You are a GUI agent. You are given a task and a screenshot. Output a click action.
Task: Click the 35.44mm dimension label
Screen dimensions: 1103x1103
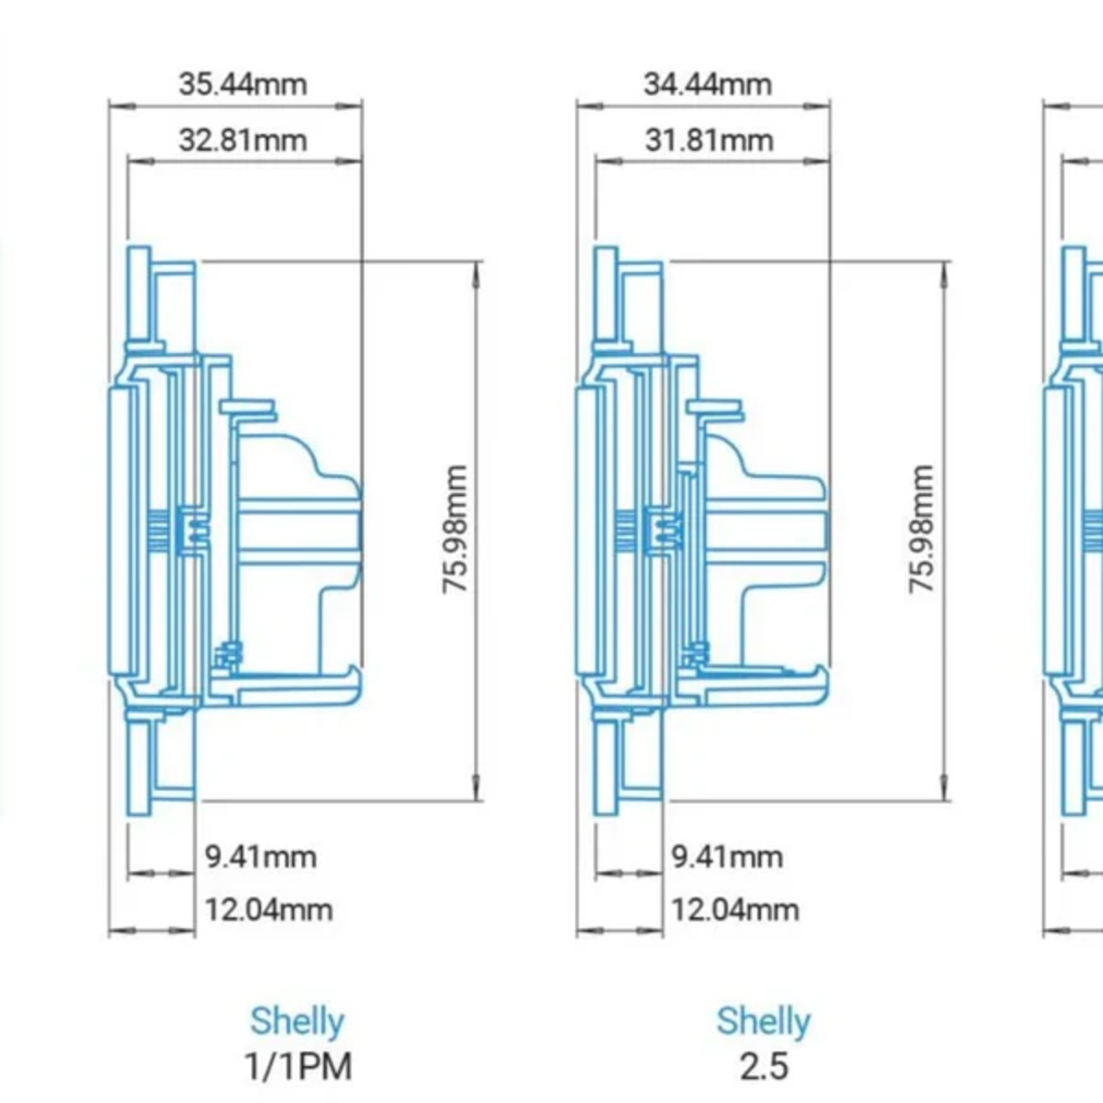(242, 83)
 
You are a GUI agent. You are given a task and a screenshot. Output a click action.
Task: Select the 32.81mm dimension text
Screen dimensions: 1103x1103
(242, 140)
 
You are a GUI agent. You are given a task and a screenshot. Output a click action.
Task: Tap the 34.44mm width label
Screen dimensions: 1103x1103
(708, 83)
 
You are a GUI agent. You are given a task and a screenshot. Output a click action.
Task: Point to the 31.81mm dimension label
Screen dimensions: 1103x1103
(709, 140)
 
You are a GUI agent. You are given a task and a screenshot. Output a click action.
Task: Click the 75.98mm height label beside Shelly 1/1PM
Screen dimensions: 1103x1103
(455, 530)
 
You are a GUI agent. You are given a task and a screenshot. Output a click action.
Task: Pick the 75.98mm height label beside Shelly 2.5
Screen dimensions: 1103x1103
(922, 530)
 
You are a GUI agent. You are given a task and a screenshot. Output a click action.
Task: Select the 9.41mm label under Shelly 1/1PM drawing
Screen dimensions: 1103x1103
(260, 857)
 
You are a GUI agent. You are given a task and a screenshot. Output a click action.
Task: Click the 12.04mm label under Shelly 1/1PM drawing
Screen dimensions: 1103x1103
(268, 909)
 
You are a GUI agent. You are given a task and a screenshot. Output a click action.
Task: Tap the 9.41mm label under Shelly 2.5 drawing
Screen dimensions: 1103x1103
(727, 857)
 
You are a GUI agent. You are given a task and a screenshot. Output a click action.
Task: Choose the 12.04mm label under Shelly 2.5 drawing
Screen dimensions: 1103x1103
(735, 909)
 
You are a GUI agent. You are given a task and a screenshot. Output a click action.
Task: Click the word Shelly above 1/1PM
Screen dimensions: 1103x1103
(297, 1021)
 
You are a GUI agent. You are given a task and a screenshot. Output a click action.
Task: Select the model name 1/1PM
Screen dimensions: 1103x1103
(298, 1066)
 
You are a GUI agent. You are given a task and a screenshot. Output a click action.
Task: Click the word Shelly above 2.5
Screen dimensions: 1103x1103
(763, 1021)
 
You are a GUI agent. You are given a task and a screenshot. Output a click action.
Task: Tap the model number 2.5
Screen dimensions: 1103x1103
(764, 1066)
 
